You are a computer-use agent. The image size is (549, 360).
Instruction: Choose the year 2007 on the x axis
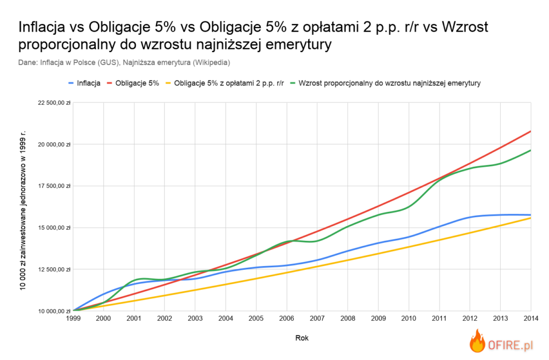(317, 319)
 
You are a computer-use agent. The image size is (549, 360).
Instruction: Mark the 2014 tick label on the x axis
(530, 319)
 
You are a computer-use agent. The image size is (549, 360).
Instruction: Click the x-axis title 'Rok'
(302, 338)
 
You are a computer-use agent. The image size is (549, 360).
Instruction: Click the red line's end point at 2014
(530, 131)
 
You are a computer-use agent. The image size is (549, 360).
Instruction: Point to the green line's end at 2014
(530, 150)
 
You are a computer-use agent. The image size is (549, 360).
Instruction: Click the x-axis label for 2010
(409, 319)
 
